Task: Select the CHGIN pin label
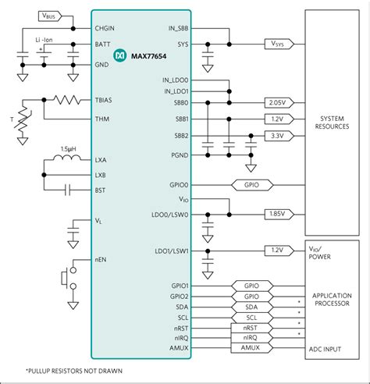click(x=107, y=28)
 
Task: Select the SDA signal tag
click(x=251, y=308)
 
